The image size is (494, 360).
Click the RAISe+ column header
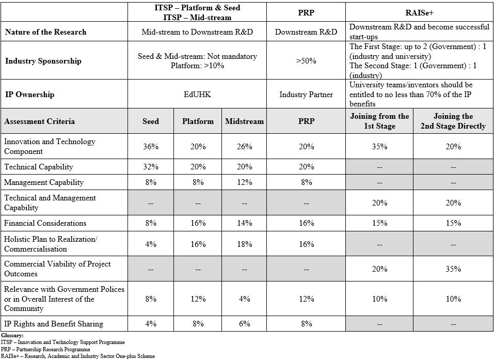coord(419,12)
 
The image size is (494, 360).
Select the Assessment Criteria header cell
coord(40,121)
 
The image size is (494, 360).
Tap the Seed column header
coord(151,121)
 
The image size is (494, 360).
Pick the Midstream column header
coord(244,121)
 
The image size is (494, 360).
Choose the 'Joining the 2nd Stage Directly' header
coord(453,121)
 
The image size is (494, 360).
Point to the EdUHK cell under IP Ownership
coord(198,95)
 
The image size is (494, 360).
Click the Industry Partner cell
coord(306,95)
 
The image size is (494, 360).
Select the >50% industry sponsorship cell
coord(306,61)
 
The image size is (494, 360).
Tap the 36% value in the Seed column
coord(151,147)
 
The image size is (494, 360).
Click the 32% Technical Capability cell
coord(151,167)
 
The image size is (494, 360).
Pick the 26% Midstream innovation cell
coord(244,147)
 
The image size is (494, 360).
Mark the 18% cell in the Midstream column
coord(244,244)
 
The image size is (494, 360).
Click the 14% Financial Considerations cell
coord(244,223)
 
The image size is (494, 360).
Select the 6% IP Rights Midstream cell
coord(244,324)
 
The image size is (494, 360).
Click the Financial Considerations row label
coord(45,223)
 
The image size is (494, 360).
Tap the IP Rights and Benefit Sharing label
coord(54,324)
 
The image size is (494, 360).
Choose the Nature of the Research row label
coord(46,32)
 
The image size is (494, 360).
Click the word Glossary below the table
coord(12,336)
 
